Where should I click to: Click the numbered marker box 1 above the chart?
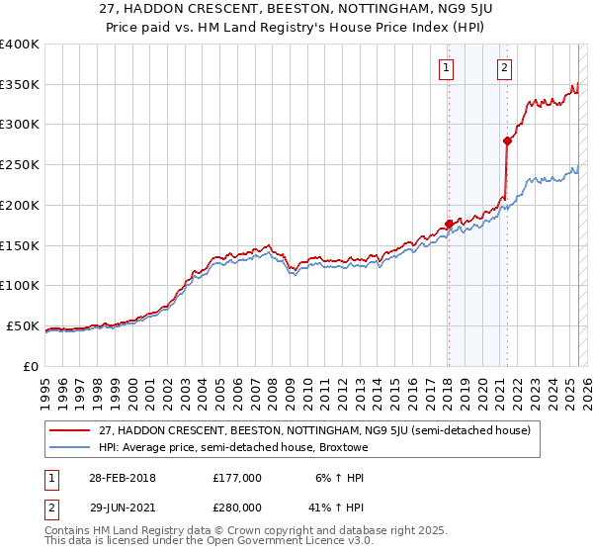coord(447,68)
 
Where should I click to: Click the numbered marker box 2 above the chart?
coord(505,68)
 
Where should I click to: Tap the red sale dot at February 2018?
coord(449,224)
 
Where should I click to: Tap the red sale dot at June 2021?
coord(507,140)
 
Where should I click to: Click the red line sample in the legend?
coord(69,430)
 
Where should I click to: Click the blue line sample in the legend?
coord(69,447)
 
